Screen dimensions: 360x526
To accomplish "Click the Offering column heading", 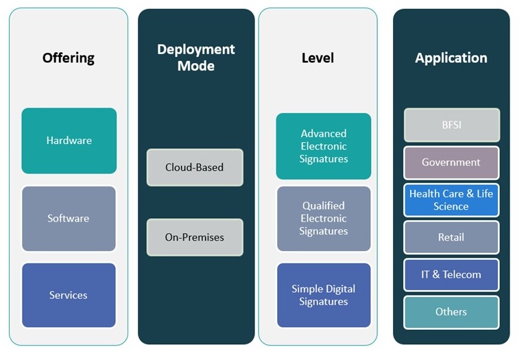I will click(x=69, y=58).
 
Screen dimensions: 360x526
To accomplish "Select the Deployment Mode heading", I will click(x=196, y=58).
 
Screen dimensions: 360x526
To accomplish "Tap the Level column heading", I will click(x=318, y=58).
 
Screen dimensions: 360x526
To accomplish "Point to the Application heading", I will click(x=451, y=58).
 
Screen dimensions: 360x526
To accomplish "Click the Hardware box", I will click(x=69, y=141).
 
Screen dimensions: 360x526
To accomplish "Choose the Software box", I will click(x=69, y=219).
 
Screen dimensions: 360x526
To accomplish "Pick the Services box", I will click(x=69, y=296).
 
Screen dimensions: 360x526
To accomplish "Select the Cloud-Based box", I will click(x=195, y=167).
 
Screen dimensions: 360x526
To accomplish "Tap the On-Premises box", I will click(x=195, y=237).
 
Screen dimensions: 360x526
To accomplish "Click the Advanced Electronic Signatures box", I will click(x=324, y=146).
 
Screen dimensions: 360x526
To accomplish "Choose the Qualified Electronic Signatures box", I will click(x=324, y=218).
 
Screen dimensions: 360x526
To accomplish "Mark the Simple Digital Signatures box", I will click(x=324, y=296).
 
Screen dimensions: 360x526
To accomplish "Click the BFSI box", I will click(x=452, y=125).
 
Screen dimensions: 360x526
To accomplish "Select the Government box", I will click(x=451, y=163).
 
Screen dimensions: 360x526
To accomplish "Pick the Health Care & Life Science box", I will click(x=451, y=200).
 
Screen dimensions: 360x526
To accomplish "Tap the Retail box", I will click(x=451, y=237).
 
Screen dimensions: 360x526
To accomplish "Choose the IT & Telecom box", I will click(x=451, y=274).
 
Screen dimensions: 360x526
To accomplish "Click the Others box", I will click(x=451, y=312).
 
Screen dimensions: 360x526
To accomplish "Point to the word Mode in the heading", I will click(x=196, y=66).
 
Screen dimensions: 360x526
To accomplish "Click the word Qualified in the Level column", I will click(x=324, y=206).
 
